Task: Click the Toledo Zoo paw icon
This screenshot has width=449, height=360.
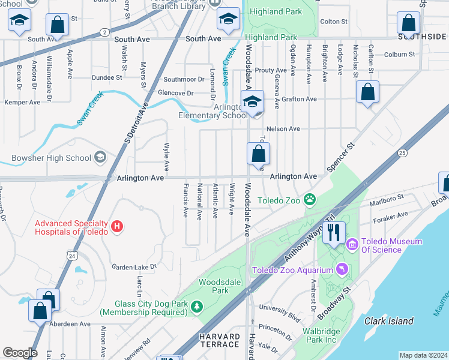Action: click(310, 199)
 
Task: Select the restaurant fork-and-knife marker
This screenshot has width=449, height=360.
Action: click(334, 232)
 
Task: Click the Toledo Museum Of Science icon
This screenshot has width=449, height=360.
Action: click(352, 244)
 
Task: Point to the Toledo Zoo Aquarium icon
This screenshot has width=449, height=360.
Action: click(342, 269)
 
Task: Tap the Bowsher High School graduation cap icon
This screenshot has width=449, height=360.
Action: click(100, 158)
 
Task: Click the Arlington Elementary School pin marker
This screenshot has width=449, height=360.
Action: click(253, 101)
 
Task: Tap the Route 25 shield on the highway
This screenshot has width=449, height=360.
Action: click(401, 153)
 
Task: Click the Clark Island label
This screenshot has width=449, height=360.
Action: click(388, 321)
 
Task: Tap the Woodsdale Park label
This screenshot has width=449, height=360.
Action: click(214, 286)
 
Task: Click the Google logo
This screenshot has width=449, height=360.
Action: click(20, 353)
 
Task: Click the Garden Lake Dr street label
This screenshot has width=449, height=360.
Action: click(134, 266)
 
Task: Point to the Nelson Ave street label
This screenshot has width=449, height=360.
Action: click(283, 128)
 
